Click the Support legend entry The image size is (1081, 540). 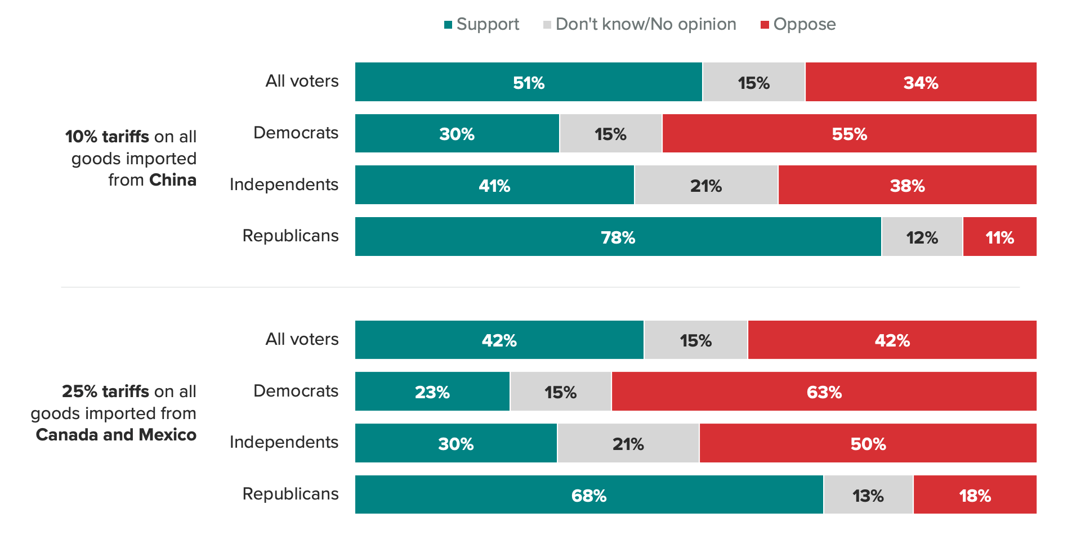[482, 24]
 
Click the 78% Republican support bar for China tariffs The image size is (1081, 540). [618, 237]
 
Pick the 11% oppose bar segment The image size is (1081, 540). [999, 237]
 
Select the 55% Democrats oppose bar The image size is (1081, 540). [849, 134]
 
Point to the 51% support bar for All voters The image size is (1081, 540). [528, 82]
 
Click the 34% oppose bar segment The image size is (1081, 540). [921, 82]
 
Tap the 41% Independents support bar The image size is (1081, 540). [494, 185]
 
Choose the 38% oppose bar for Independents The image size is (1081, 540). [907, 185]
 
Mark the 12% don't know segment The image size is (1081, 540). [922, 237]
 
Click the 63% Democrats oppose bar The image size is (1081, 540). [824, 391]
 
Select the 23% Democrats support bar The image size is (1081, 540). [432, 391]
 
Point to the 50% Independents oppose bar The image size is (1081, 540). [868, 443]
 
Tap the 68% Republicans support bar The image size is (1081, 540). [588, 495]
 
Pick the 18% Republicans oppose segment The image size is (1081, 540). [975, 495]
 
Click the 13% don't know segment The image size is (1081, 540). [868, 495]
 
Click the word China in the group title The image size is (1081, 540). [172, 180]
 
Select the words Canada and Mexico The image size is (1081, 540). [116, 435]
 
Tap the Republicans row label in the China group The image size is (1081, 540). [290, 236]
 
